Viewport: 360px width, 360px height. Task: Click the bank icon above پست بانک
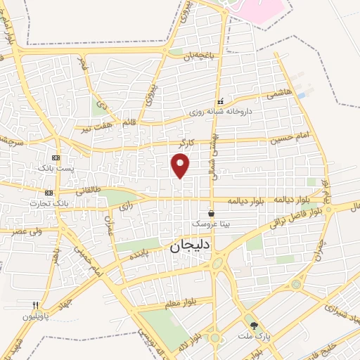click(56, 158)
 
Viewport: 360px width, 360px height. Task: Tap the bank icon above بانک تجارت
click(49, 193)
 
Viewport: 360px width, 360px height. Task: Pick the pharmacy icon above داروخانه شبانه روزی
click(221, 101)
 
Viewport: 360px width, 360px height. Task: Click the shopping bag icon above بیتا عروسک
click(212, 212)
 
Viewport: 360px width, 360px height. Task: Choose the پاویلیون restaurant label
click(35, 316)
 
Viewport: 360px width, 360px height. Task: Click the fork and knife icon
click(35, 305)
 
